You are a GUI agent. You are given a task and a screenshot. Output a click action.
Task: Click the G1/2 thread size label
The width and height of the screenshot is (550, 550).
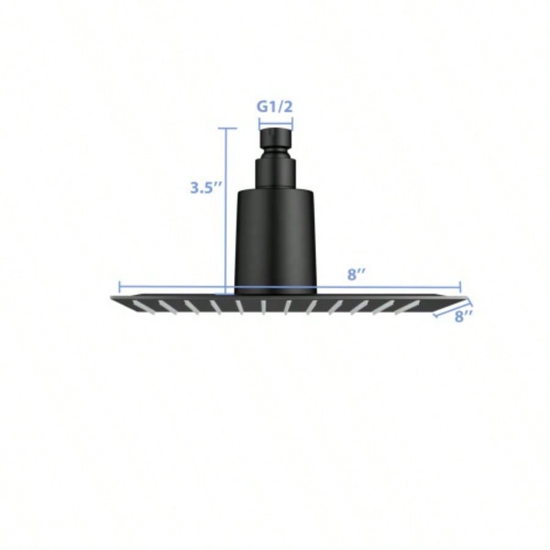pyautogui.click(x=275, y=107)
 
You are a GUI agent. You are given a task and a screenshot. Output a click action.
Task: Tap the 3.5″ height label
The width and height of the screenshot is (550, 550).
pyautogui.click(x=204, y=188)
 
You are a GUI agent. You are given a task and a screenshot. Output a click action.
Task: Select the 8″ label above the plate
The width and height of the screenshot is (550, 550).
pyautogui.click(x=356, y=274)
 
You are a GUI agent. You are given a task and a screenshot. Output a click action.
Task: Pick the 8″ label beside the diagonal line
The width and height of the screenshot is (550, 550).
pyautogui.click(x=464, y=316)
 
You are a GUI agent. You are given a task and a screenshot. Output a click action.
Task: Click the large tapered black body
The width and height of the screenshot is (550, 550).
pyautogui.click(x=276, y=238)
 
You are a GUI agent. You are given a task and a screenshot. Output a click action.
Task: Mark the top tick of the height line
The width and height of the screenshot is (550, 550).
pyautogui.click(x=227, y=128)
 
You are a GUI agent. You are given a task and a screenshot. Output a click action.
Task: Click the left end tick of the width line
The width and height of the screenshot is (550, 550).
pyautogui.click(x=119, y=286)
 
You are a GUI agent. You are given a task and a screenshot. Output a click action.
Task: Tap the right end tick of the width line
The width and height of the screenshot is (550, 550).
pyautogui.click(x=460, y=286)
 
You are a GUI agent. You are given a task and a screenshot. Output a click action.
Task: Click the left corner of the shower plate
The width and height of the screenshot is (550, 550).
pyautogui.click(x=112, y=298)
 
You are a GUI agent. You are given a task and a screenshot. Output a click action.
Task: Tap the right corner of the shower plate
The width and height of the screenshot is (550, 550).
pyautogui.click(x=468, y=298)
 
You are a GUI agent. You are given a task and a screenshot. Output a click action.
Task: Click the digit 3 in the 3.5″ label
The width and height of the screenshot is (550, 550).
pyautogui.click(x=194, y=188)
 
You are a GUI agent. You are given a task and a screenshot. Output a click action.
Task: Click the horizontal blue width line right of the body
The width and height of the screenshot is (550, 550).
pyautogui.click(x=391, y=286)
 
